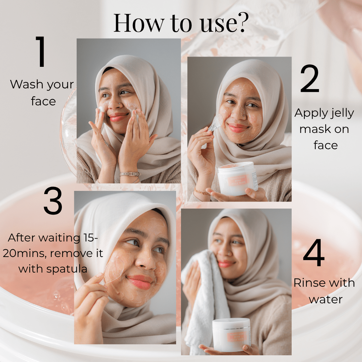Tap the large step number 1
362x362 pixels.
pyautogui.click(x=41, y=52)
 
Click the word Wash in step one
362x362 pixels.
pyautogui.click(x=24, y=85)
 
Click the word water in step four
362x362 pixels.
pyautogui.click(x=326, y=299)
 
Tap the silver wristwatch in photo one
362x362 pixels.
pyautogui.click(x=129, y=174)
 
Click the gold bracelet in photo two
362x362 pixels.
pyautogui.click(x=202, y=192)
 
